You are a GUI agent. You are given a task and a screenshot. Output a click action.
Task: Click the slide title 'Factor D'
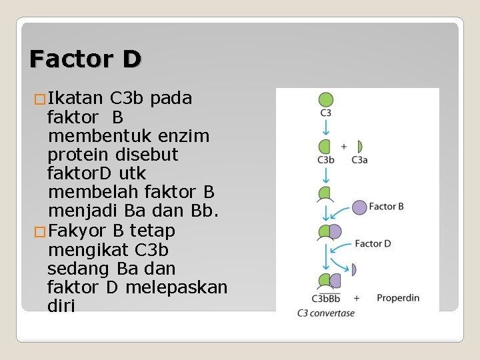tap(85, 59)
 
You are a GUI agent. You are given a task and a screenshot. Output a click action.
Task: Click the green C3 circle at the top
tap(325, 100)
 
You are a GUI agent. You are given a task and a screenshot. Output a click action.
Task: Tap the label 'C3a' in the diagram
tap(359, 160)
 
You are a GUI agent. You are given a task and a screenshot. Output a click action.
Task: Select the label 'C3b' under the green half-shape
tap(325, 160)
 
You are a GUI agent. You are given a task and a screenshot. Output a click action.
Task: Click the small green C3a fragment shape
tap(359, 146)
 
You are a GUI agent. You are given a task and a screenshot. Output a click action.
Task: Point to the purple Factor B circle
tap(359, 207)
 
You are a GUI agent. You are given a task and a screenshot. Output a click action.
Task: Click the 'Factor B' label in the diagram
tap(387, 207)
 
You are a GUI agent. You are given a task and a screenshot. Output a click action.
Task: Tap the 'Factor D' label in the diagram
tap(373, 243)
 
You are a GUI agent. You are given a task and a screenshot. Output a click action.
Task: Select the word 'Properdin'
tap(398, 298)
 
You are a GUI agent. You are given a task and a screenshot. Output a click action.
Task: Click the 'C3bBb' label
tap(326, 299)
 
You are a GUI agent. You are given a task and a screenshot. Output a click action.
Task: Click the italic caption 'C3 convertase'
tap(326, 313)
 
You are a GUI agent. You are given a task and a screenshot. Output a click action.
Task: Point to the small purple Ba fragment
tap(353, 269)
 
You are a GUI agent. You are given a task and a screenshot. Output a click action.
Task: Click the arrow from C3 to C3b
tap(325, 127)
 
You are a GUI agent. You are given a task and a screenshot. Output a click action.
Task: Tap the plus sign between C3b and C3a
tap(344, 146)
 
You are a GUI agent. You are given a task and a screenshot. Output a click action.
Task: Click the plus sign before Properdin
tap(357, 298)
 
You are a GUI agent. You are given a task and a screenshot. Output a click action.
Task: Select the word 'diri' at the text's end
tap(61, 306)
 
